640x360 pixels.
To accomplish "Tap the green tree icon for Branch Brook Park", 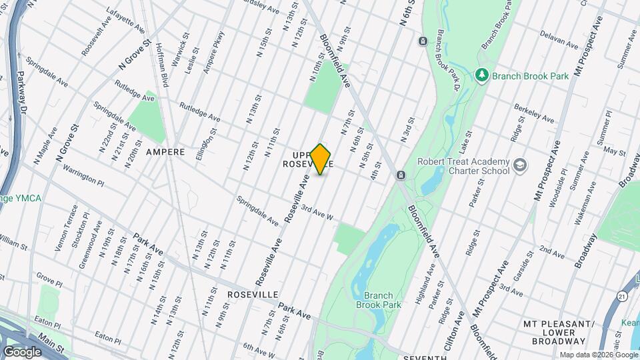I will [x=483, y=75].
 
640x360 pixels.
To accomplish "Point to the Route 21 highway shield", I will [x=622, y=295].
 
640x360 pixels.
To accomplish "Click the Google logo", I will [x=22, y=351].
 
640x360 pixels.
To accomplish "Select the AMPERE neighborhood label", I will [x=165, y=152].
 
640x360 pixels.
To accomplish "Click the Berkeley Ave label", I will [x=534, y=113].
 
